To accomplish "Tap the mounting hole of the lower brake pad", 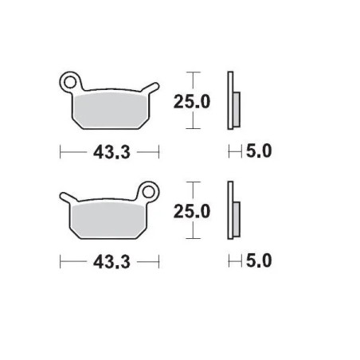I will [x=147, y=192].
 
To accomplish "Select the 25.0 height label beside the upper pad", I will [x=194, y=100].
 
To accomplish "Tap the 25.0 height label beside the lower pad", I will [x=194, y=211].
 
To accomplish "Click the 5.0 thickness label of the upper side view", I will [x=258, y=151].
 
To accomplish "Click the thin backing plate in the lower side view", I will [x=230, y=212].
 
